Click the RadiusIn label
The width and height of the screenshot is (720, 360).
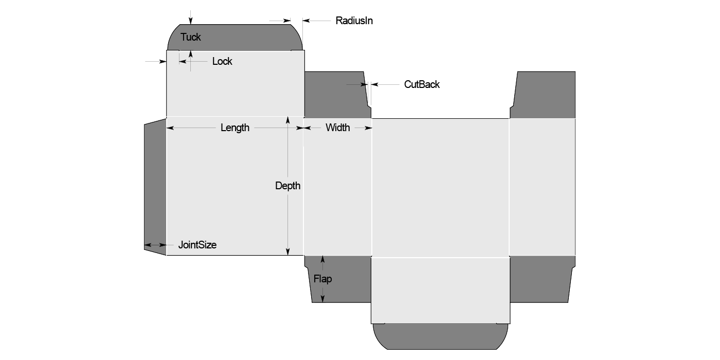click(x=354, y=21)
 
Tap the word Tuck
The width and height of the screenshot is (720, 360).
click(x=191, y=37)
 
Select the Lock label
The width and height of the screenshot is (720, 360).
click(x=222, y=61)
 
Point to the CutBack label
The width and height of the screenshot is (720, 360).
click(x=422, y=84)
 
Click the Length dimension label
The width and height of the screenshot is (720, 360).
click(x=235, y=128)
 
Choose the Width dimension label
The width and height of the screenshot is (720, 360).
click(x=337, y=128)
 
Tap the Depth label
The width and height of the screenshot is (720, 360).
click(x=287, y=186)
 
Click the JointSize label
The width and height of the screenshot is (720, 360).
click(x=197, y=245)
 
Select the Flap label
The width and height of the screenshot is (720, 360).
click(x=322, y=279)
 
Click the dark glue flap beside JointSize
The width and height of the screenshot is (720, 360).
click(x=155, y=185)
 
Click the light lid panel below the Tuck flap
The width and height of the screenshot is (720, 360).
click(x=235, y=84)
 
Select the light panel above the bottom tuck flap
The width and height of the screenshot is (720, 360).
click(x=441, y=290)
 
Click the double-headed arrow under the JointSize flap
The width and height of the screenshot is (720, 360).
click(x=155, y=245)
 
